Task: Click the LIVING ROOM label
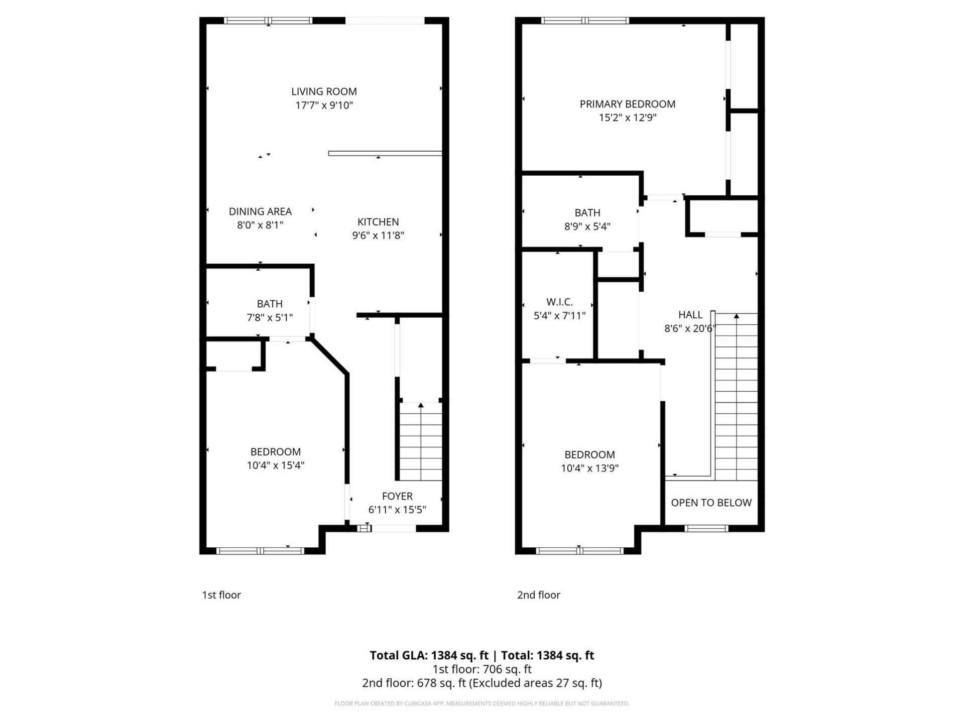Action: coord(324,91)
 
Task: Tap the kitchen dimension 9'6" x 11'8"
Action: coord(378,235)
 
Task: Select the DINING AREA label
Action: coord(260,211)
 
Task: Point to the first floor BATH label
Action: coord(270,304)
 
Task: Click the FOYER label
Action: coord(397,496)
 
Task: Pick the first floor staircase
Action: coord(421,442)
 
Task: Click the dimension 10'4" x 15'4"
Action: coord(275,465)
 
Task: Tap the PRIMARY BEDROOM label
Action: coord(627,104)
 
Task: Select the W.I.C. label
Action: coord(559,302)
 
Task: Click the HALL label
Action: coord(690,315)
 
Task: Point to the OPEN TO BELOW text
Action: coord(711,503)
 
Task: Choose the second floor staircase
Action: coord(736,397)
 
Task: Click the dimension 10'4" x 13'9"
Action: coord(589,468)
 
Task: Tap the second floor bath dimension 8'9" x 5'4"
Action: coord(587,226)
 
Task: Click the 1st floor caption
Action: coord(221,595)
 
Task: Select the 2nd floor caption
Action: coord(538,595)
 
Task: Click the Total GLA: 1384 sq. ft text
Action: coord(429,655)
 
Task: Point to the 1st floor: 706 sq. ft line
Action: coord(481,669)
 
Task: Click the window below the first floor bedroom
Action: coord(260,551)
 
